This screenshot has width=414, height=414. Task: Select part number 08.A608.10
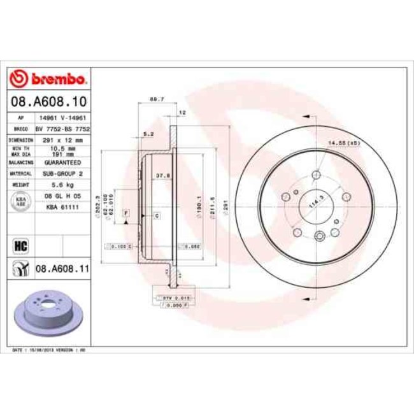pyautogui.click(x=48, y=101)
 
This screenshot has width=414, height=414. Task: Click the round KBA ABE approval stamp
pyautogui.click(x=19, y=201)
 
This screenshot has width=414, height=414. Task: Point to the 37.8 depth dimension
pyautogui.click(x=162, y=176)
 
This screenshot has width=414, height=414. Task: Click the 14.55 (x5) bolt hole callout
pyautogui.click(x=344, y=143)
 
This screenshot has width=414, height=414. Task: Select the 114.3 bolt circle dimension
pyautogui.click(x=313, y=202)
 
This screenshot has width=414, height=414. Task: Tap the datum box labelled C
pyautogui.click(x=157, y=217)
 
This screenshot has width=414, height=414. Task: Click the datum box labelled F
pyautogui.click(x=126, y=211)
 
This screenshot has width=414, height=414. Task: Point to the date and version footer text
pyautogui.click(x=50, y=351)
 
